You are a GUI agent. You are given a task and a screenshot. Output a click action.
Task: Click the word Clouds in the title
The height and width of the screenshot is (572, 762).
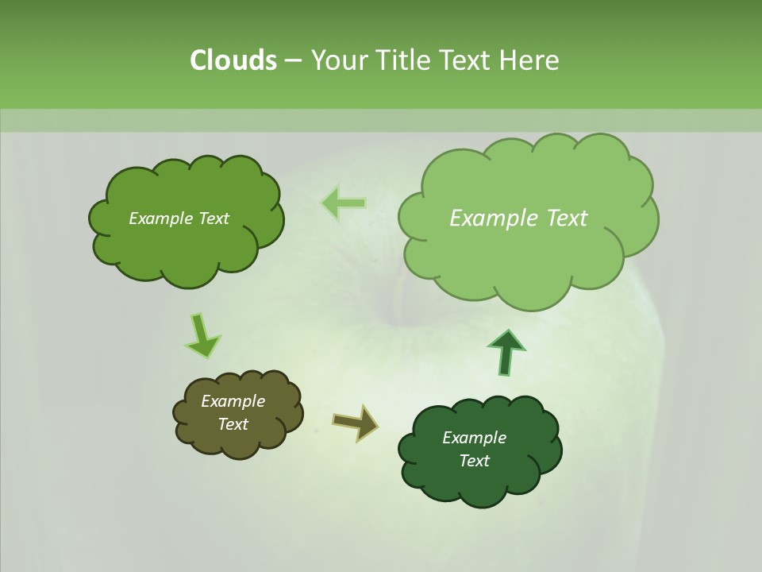coord(233,60)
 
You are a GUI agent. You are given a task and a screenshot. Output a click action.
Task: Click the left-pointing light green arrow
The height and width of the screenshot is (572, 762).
coord(344,203)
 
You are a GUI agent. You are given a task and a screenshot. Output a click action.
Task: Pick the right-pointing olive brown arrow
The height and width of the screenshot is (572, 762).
coord(356,422)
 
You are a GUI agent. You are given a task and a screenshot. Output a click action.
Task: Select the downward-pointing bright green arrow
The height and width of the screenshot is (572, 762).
coord(202,335)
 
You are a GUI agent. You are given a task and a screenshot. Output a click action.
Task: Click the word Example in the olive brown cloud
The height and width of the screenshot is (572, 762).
coord(233,401)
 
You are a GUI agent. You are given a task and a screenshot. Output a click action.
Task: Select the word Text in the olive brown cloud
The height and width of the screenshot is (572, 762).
coord(233,424)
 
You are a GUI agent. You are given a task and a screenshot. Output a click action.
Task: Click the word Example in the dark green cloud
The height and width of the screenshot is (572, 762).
coord(474,438)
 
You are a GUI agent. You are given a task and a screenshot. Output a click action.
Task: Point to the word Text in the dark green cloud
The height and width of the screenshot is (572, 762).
coord(474,461)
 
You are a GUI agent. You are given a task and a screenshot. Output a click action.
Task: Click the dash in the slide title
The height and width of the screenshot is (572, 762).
coord(293,60)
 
